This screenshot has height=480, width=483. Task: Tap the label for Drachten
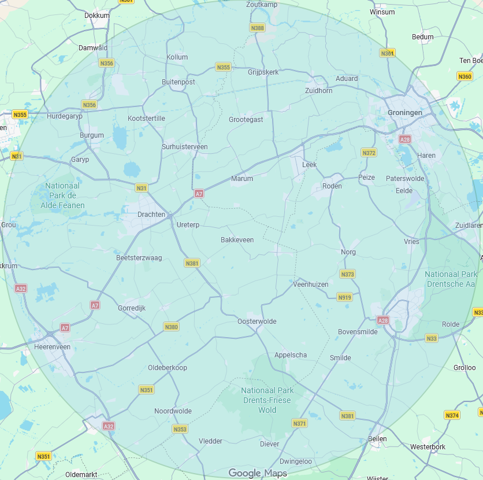tap(151, 215)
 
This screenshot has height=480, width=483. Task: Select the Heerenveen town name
tap(52, 346)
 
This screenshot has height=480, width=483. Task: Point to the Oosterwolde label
tap(257, 322)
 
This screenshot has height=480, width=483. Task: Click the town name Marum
tap(242, 179)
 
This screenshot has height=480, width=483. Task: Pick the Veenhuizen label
tap(311, 285)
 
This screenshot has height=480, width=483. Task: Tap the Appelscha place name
tap(291, 355)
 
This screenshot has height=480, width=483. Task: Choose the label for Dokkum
tap(96, 16)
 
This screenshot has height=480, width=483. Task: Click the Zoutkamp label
tap(261, 5)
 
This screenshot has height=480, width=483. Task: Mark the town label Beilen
tap(377, 439)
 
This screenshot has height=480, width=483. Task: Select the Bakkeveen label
tap(237, 240)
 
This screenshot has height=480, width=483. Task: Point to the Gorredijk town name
tap(132, 308)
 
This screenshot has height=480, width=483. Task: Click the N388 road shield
tap(257, 28)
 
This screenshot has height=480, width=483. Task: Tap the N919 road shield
tap(344, 297)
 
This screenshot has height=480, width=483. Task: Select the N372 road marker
tap(369, 153)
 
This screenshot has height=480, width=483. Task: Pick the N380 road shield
tap(172, 327)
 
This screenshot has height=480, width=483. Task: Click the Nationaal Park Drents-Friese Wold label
tap(267, 400)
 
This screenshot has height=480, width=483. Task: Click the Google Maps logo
tap(258, 473)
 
